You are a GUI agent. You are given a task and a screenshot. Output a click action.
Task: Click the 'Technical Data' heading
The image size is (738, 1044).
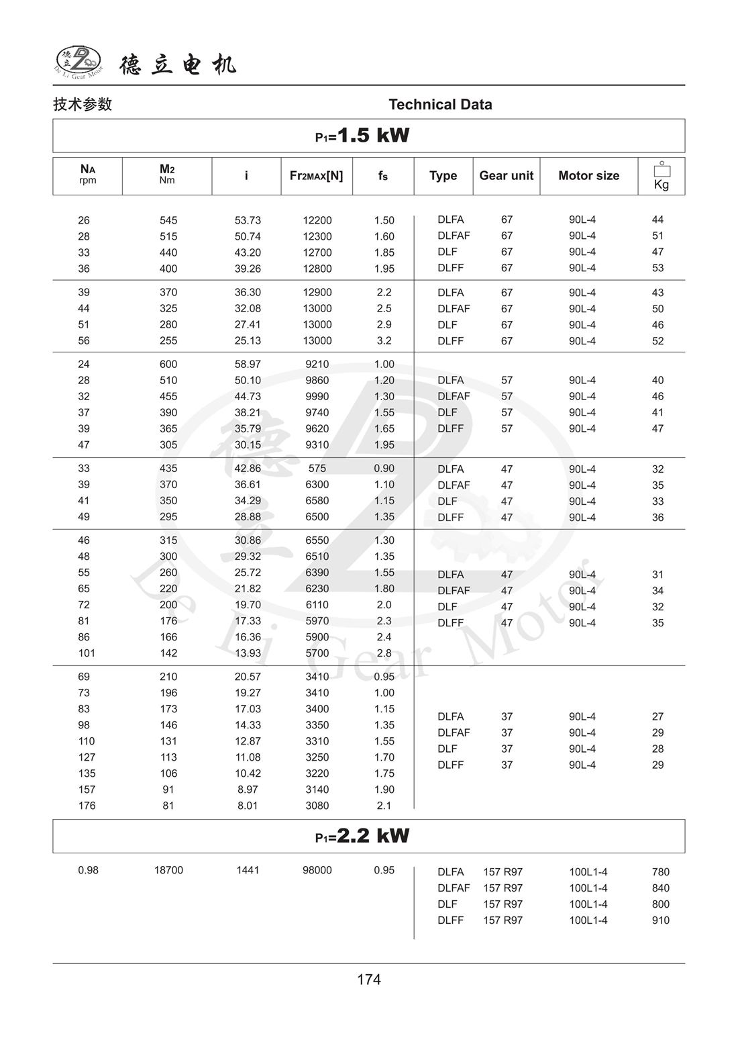pyautogui.click(x=440, y=105)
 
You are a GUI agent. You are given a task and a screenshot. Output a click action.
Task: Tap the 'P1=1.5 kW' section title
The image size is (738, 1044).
pyautogui.click(x=362, y=136)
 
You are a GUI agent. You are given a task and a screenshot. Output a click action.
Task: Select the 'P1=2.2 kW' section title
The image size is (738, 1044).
pyautogui.click(x=362, y=836)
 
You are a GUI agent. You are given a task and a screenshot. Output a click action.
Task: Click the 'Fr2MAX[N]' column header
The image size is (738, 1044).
pyautogui.click(x=316, y=176)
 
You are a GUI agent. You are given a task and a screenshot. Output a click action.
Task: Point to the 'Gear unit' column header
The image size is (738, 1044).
pyautogui.click(x=506, y=176)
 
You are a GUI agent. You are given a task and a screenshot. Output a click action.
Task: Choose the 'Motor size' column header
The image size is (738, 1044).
pyautogui.click(x=588, y=176)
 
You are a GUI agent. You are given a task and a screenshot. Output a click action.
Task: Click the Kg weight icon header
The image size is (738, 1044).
pyautogui.click(x=661, y=176)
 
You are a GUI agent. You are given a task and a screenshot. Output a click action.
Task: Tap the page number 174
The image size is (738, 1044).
pyautogui.click(x=369, y=980)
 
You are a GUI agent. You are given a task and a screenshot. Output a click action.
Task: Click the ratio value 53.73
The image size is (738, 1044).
pyautogui.click(x=248, y=220)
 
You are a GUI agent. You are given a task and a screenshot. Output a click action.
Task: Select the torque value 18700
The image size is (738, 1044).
pyautogui.click(x=168, y=870)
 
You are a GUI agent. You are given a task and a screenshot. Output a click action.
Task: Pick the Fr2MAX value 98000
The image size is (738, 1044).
pyautogui.click(x=317, y=870)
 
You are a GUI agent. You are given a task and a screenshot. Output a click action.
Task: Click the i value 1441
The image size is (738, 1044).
pyautogui.click(x=248, y=870)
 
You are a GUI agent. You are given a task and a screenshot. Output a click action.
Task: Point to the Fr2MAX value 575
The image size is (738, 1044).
pyautogui.click(x=317, y=469)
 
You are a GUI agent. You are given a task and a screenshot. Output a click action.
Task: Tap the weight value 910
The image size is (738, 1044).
pyautogui.click(x=660, y=920)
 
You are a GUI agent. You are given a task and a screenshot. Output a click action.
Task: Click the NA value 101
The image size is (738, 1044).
pyautogui.click(x=87, y=653)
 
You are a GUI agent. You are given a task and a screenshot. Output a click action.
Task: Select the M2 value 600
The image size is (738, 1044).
pyautogui.click(x=168, y=365)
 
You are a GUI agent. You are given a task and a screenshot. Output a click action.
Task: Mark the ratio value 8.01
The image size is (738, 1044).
pyautogui.click(x=248, y=806)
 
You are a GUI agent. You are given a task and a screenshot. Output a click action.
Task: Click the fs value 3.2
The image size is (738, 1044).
pyautogui.click(x=384, y=341)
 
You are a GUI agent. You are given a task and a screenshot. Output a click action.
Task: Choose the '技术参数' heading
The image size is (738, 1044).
pyautogui.click(x=83, y=105)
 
